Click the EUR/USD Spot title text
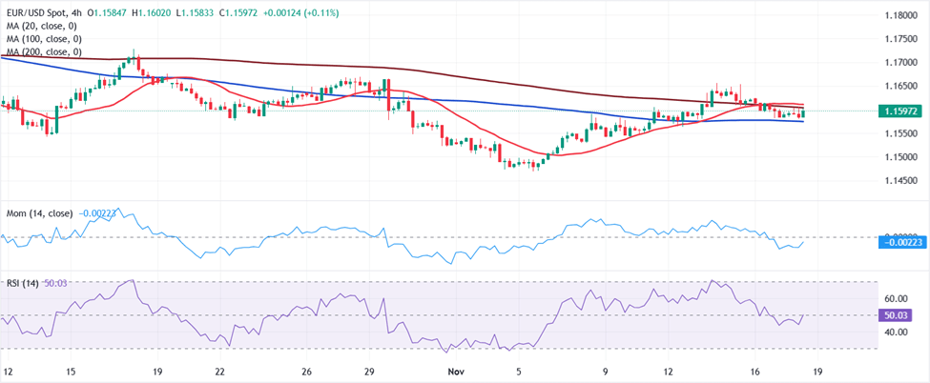click(49, 13)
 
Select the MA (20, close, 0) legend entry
click(42, 26)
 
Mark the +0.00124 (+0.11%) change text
click(296, 13)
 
